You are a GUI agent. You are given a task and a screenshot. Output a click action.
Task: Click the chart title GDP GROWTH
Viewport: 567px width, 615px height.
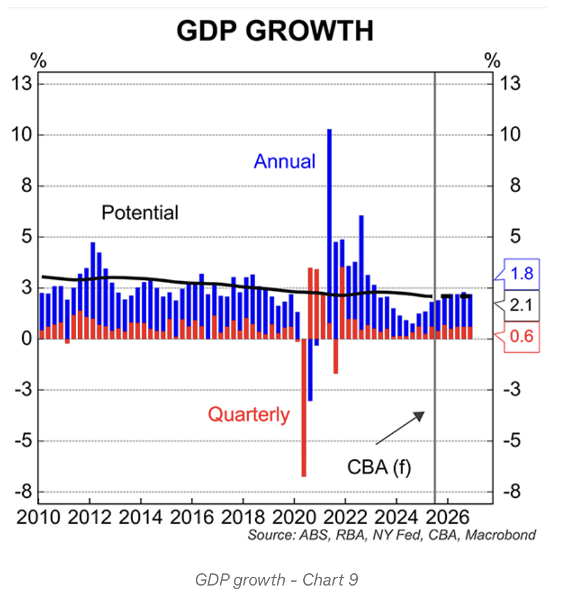274,31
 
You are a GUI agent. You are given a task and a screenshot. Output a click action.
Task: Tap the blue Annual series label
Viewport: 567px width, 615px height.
284,161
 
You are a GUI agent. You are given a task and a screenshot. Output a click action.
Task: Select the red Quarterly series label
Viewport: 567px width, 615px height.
249,415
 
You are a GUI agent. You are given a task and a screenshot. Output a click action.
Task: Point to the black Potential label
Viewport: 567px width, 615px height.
140,213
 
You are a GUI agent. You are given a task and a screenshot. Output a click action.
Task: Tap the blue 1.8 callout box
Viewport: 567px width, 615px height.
521,274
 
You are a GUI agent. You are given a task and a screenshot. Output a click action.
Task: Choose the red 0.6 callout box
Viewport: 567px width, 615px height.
521,337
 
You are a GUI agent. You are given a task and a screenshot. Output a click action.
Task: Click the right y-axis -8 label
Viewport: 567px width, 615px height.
513,492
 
